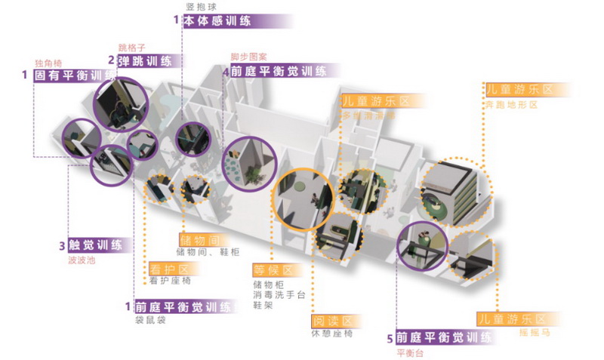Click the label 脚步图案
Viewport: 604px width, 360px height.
pyautogui.click(x=249, y=57)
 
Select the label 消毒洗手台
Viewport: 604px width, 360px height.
pyautogui.click(x=279, y=296)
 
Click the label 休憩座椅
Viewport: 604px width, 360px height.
pyautogui.click(x=331, y=334)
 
